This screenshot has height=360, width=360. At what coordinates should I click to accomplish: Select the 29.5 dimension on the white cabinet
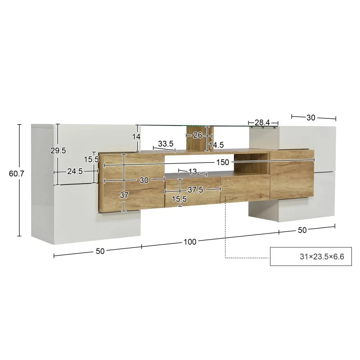coord(58,151)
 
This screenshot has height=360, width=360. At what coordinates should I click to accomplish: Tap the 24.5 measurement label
coord(74,171)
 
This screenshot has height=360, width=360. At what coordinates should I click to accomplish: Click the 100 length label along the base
coord(190,242)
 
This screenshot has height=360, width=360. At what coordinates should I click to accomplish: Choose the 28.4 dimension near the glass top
coord(262,123)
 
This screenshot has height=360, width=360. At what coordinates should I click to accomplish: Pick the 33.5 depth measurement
coord(166,144)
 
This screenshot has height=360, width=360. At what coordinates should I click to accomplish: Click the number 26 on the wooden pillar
coord(197,135)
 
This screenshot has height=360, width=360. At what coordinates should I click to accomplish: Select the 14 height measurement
coord(137,136)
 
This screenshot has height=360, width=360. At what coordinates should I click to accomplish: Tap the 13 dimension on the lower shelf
coord(193,171)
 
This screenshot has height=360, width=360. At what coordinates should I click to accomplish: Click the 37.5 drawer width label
coord(195,190)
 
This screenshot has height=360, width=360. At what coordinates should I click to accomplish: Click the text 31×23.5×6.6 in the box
coord(321,257)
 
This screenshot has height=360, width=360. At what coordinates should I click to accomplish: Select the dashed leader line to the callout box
coord(225,234)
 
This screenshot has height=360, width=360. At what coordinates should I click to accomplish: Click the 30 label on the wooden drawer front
coord(144,180)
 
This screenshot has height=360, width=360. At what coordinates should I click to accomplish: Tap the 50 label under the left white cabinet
coord(99,251)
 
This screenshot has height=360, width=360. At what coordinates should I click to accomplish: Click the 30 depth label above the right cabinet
coord(310,117)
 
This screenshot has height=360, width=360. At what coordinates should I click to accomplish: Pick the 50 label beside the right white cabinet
coord(301,230)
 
